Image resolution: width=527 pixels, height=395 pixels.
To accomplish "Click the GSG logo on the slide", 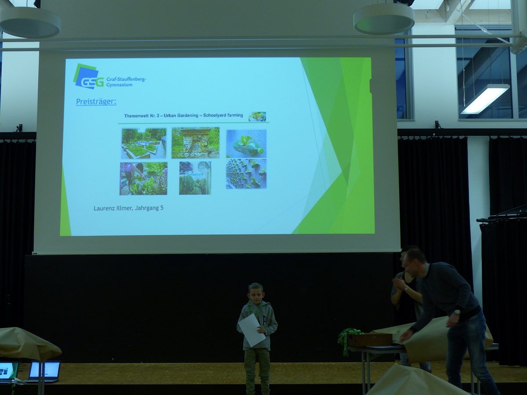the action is tap(88, 77).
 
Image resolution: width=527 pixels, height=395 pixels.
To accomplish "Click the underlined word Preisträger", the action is tap(96, 102).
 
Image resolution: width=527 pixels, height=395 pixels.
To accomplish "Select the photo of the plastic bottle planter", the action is tap(246, 144).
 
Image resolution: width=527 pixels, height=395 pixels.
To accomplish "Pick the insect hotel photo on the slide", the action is tap(195, 143).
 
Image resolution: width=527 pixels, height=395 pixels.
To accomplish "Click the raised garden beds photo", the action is tap(144, 144).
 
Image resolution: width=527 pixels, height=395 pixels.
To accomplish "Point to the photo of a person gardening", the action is tap(144, 179).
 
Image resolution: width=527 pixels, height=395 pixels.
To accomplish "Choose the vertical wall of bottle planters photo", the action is tap(246, 174).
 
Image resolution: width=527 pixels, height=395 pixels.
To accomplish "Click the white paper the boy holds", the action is tap(252, 330).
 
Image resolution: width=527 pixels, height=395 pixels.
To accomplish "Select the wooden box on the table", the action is tap(370, 339).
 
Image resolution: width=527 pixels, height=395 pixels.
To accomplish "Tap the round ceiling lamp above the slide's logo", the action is tap(30, 22).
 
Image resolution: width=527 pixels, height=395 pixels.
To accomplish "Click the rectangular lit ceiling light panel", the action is tap(484, 99).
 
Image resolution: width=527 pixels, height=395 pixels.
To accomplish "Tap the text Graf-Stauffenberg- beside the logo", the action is tap(126, 79).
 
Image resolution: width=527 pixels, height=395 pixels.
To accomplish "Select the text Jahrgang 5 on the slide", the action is tap(149, 208).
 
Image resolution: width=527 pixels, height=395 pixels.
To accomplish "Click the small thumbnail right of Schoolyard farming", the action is tap(257, 117).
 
